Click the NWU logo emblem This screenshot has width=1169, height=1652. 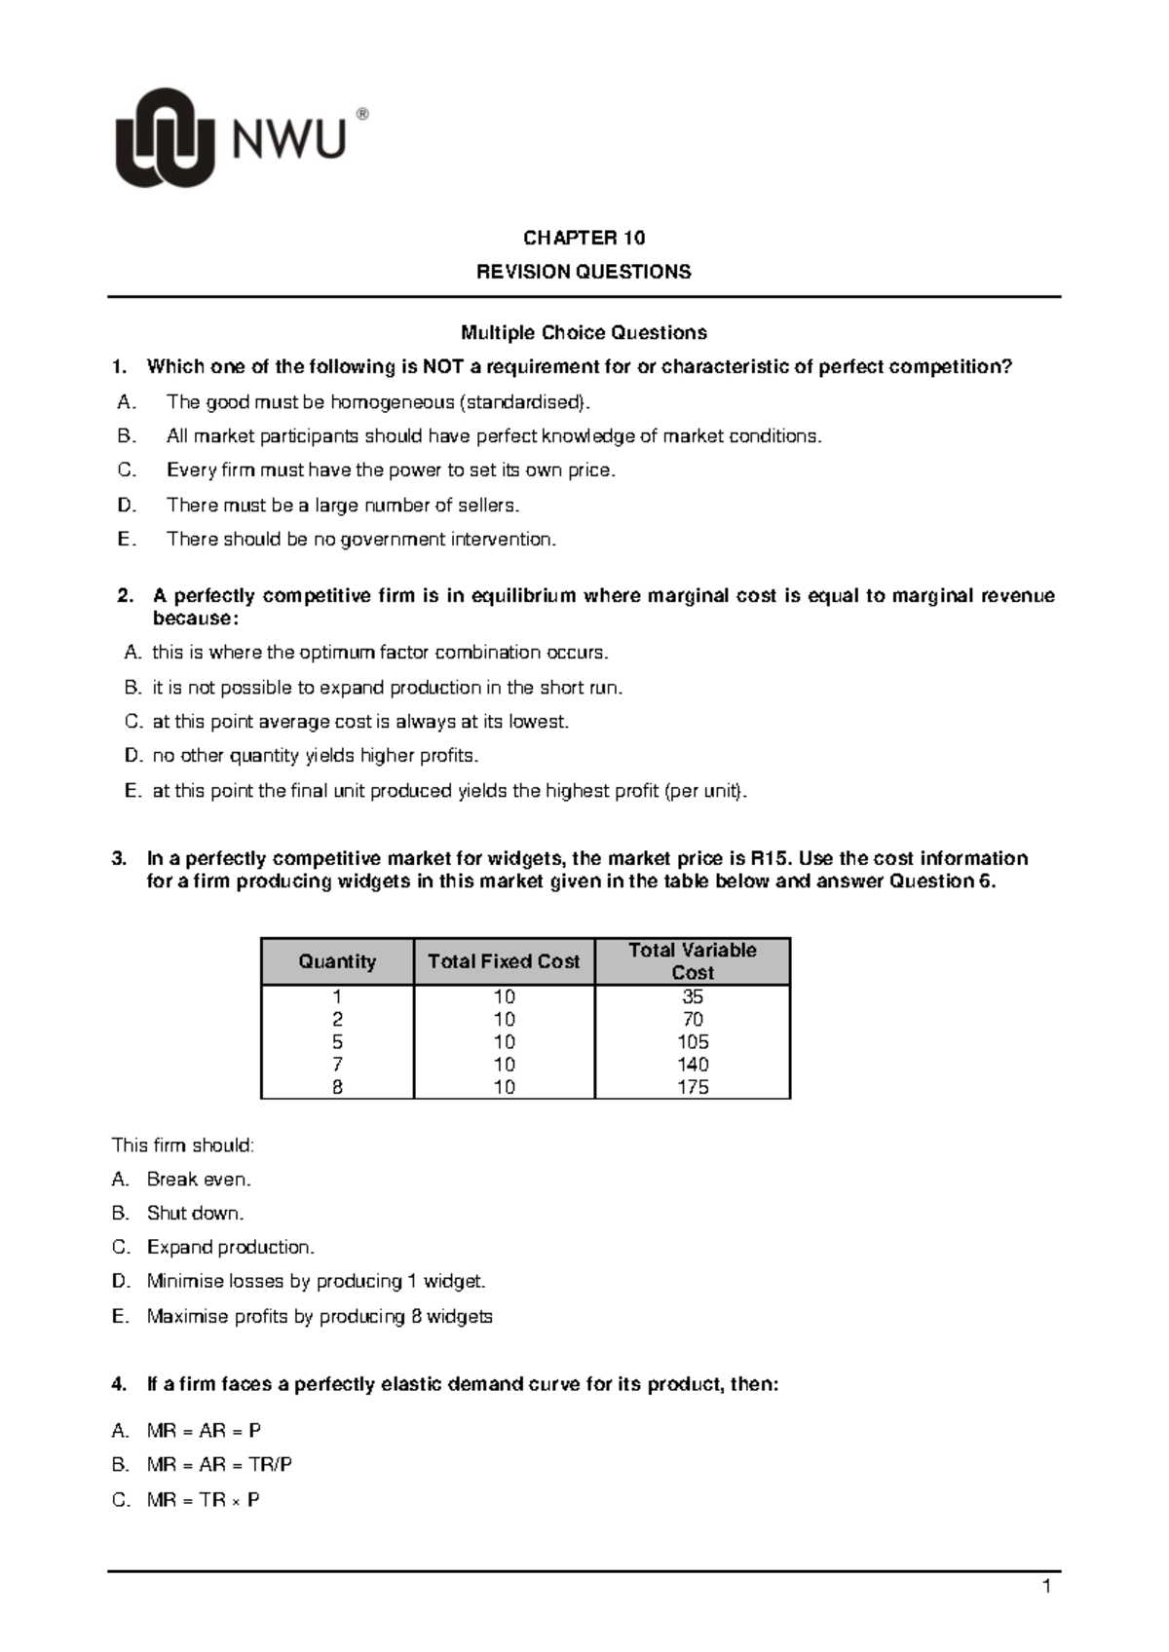click(x=165, y=137)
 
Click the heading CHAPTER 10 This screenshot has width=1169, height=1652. click(x=584, y=239)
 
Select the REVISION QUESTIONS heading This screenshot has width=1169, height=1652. click(x=584, y=272)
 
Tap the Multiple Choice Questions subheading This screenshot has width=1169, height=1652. click(x=584, y=333)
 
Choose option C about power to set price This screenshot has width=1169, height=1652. click(x=391, y=470)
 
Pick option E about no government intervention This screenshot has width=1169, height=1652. click(x=361, y=540)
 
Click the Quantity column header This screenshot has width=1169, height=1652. click(x=337, y=961)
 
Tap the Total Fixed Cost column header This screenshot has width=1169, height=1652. click(x=504, y=961)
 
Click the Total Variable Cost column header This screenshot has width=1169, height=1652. click(x=692, y=961)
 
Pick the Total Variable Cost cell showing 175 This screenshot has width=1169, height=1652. click(x=693, y=1087)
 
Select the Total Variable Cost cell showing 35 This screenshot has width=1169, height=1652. click(x=693, y=996)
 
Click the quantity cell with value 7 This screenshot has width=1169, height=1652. click(x=337, y=1065)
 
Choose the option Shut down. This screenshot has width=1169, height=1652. click(x=195, y=1214)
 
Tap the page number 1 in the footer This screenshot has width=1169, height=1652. click(x=1046, y=1589)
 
